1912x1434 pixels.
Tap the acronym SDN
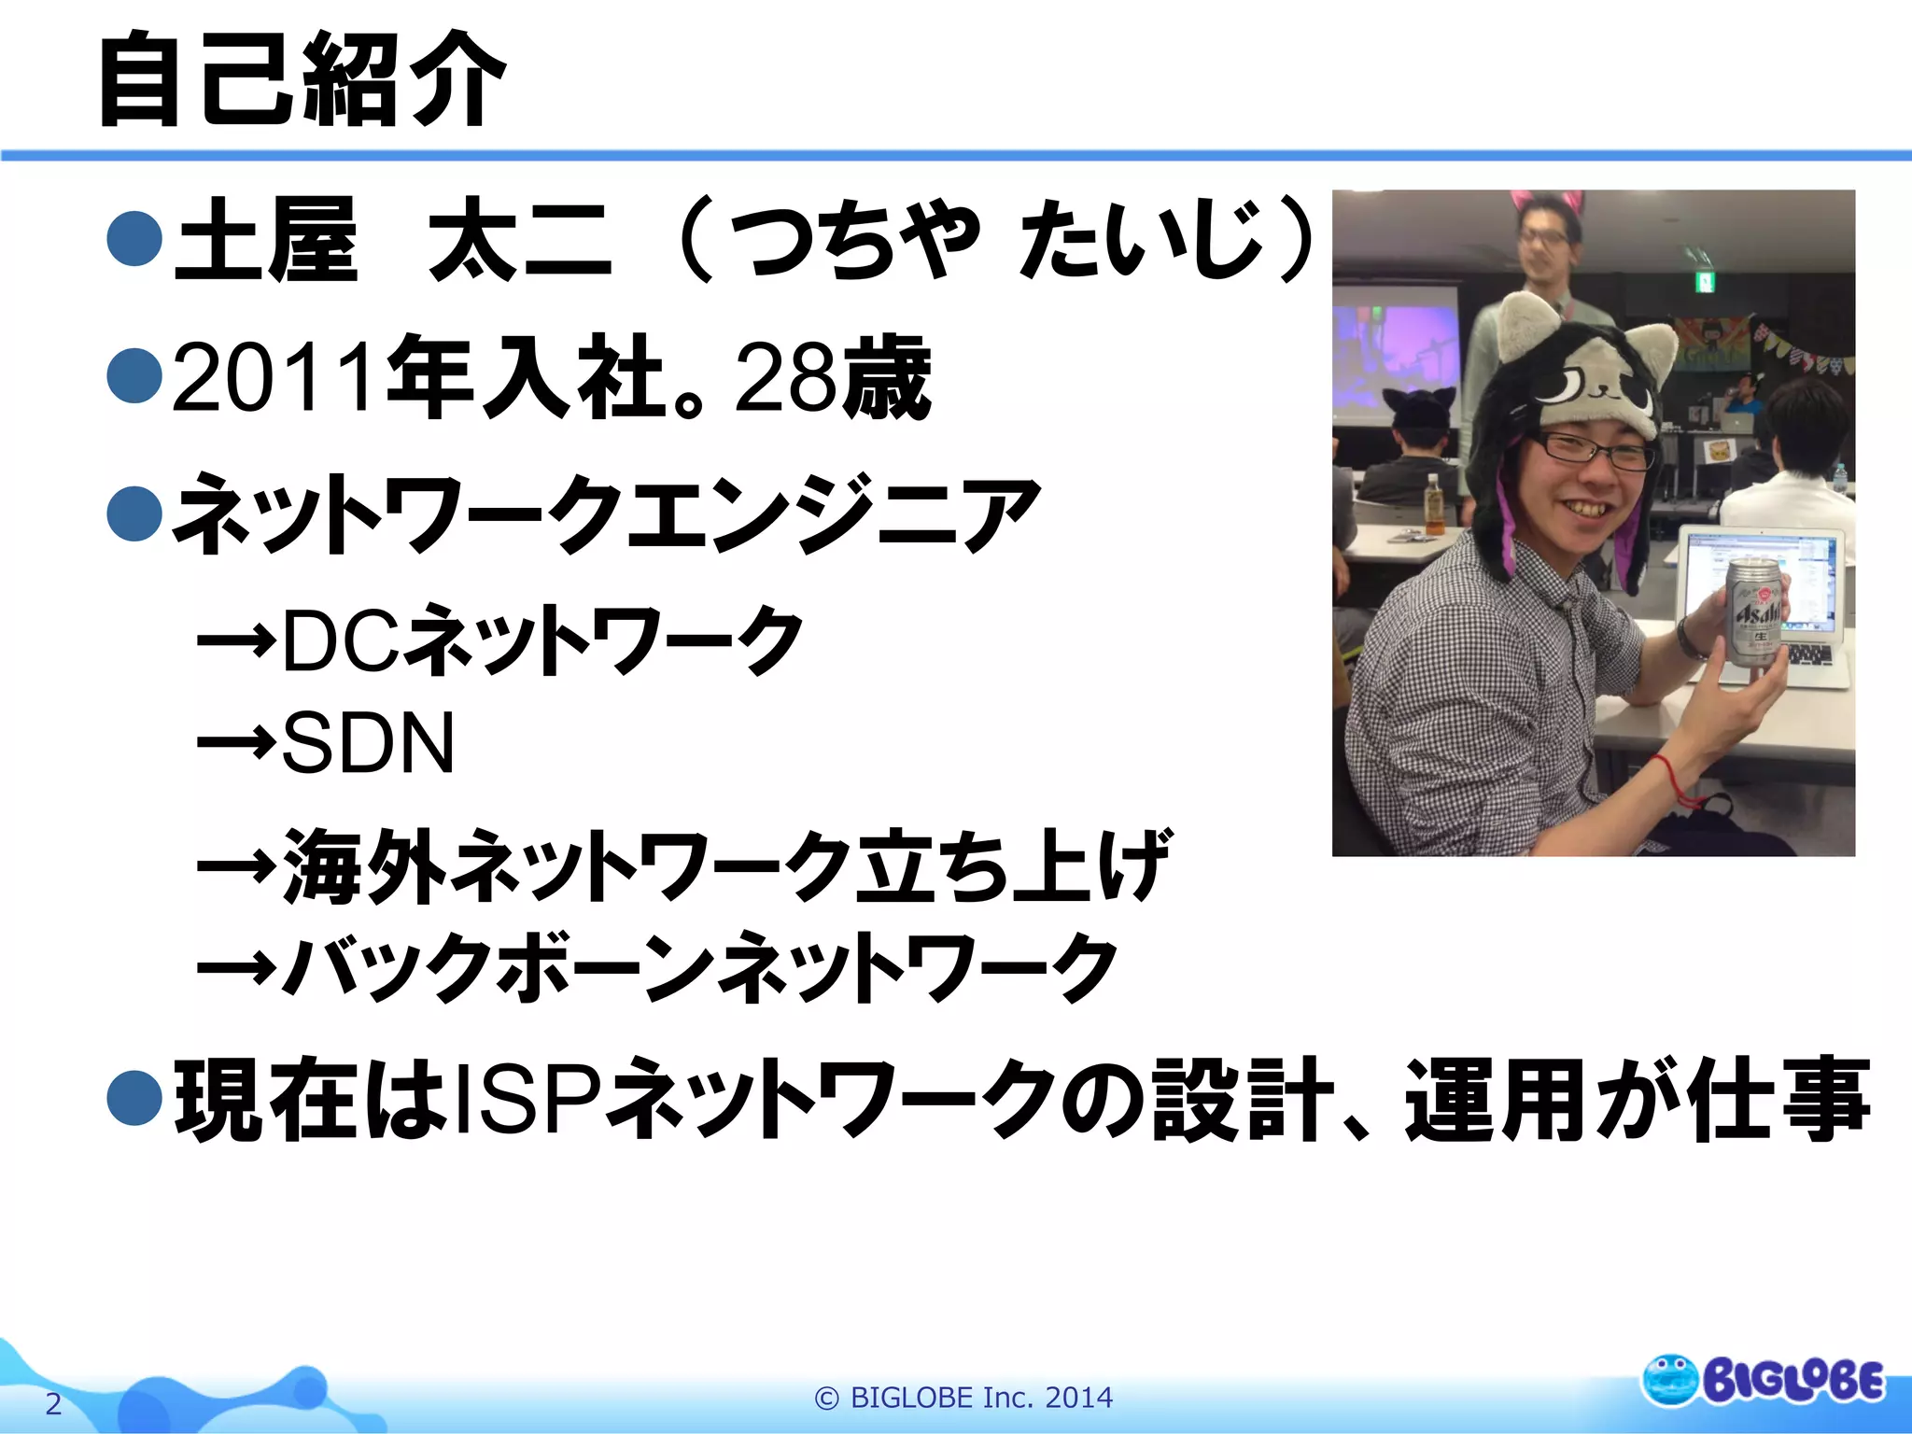point(368,743)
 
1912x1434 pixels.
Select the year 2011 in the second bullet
point(275,378)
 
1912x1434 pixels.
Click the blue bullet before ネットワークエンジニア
point(135,513)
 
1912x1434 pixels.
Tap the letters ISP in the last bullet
point(527,1097)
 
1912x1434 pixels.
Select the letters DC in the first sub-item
point(341,640)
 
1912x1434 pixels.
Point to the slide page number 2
point(53,1403)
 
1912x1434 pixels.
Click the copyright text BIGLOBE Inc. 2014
point(963,1398)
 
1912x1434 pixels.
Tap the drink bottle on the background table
point(1434,504)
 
